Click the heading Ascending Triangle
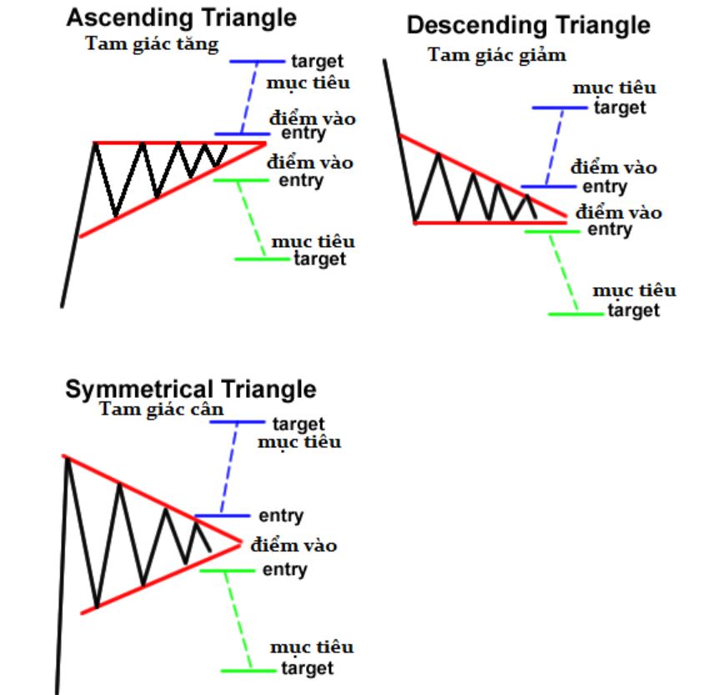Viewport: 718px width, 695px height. click(181, 19)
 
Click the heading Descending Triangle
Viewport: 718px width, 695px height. click(529, 25)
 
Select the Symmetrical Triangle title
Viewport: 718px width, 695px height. click(190, 390)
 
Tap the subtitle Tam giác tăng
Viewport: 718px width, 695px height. click(152, 44)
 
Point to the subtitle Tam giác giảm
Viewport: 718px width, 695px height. click(497, 55)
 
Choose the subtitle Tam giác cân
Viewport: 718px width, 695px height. click(161, 409)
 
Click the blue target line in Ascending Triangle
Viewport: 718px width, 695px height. click(257, 62)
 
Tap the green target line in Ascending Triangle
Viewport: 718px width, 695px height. click(262, 259)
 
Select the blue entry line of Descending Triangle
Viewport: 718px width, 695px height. click(549, 186)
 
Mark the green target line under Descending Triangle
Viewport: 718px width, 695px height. click(575, 315)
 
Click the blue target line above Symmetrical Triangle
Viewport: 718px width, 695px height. click(237, 421)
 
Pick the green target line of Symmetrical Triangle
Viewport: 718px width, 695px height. click(249, 671)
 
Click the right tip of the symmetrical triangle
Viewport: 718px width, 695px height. click(241, 544)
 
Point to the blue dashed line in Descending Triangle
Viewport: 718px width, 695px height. click(555, 147)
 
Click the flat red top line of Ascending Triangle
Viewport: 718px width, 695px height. click(179, 144)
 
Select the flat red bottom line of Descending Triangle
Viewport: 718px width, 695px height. click(490, 223)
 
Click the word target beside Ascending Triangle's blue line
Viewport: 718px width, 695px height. click(318, 62)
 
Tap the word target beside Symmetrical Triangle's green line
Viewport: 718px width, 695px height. click(307, 668)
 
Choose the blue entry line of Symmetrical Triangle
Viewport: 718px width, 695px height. click(223, 516)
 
